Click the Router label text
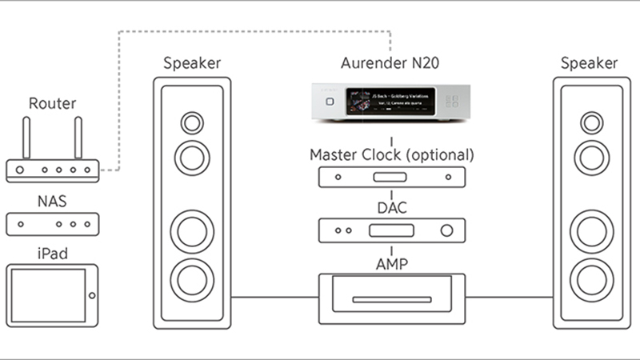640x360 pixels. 52,104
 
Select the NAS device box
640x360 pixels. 52,224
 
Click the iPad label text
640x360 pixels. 52,254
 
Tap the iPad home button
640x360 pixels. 92,295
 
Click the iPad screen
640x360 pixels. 47,295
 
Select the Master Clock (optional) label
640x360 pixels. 391,154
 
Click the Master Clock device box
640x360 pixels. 391,177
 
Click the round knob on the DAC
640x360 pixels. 446,231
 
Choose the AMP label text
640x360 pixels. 391,262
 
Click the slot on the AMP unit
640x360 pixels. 391,302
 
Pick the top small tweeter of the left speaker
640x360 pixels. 192,123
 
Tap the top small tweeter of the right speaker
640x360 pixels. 592,123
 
